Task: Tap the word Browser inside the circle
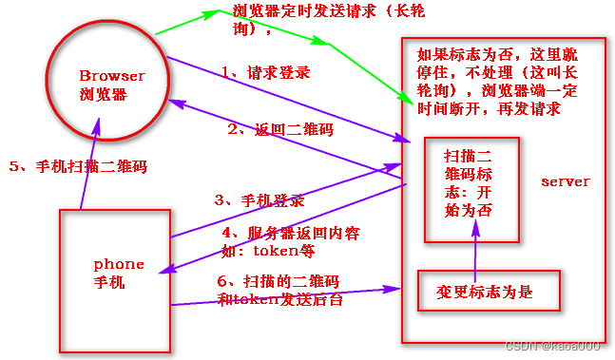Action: [112, 75]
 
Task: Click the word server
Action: [565, 181]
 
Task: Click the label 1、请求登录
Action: [265, 72]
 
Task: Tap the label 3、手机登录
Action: [259, 200]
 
